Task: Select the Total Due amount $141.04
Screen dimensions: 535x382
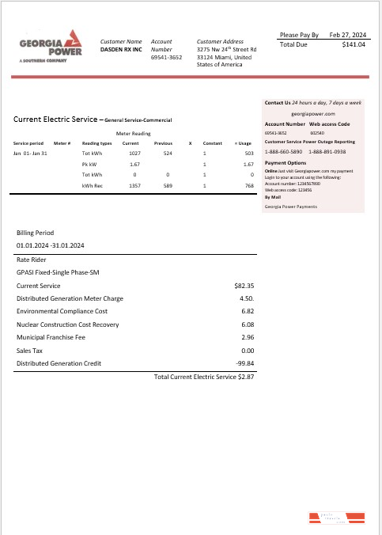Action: pyautogui.click(x=354, y=45)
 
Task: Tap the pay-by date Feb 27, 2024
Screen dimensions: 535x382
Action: pyautogui.click(x=347, y=35)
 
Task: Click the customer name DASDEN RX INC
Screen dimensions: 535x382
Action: pyautogui.click(x=121, y=49)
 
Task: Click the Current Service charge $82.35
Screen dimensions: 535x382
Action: pyautogui.click(x=244, y=285)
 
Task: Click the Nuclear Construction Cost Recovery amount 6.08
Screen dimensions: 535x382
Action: pyautogui.click(x=246, y=324)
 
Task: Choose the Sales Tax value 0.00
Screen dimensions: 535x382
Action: pyautogui.click(x=246, y=350)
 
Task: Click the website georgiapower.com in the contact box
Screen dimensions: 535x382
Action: pyautogui.click(x=314, y=114)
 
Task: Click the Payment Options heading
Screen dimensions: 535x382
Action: pyautogui.click(x=285, y=162)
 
